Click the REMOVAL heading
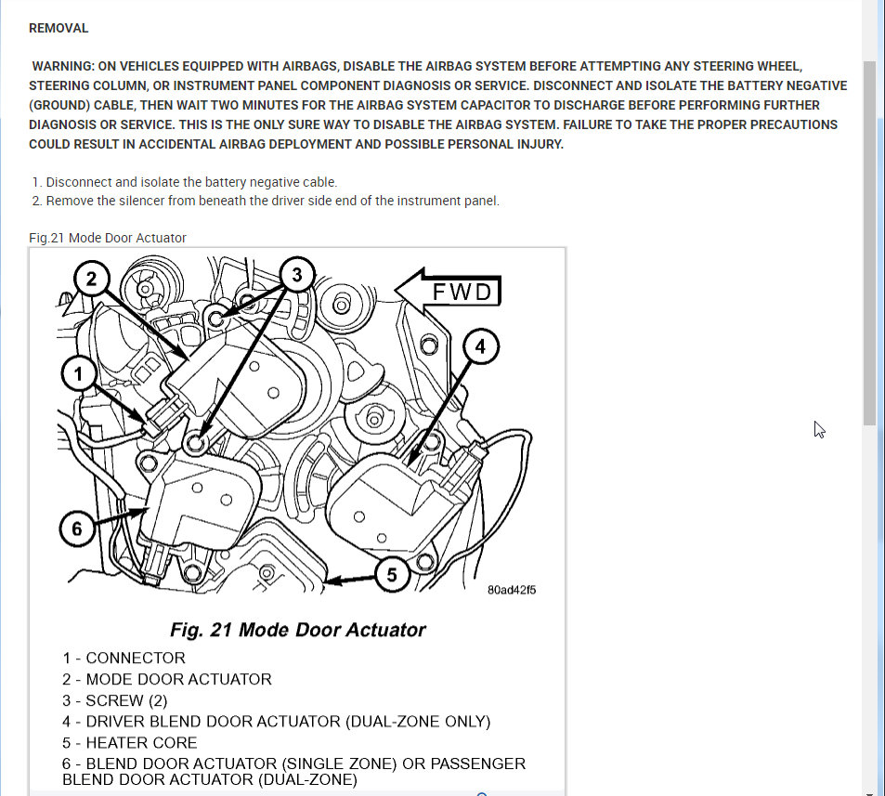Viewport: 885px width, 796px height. coord(59,28)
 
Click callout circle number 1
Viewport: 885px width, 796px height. coord(79,374)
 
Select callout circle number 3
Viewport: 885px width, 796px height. coord(296,275)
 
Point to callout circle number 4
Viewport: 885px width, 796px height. coord(480,347)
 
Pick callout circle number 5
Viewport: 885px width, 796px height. coord(392,575)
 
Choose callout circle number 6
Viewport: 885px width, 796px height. coord(77,528)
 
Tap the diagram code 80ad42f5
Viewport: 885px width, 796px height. coord(512,589)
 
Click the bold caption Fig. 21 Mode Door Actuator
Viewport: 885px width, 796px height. coord(297,630)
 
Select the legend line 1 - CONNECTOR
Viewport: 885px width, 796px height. coord(124,658)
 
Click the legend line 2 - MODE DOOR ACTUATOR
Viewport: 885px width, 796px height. coord(167,679)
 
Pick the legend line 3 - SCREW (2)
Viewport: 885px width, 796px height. coord(116,700)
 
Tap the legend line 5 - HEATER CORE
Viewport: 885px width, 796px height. coord(130,743)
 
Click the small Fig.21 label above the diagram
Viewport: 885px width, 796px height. coord(108,238)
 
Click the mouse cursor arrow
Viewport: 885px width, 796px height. coord(819,428)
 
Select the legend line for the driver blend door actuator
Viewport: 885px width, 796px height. coord(277,722)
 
